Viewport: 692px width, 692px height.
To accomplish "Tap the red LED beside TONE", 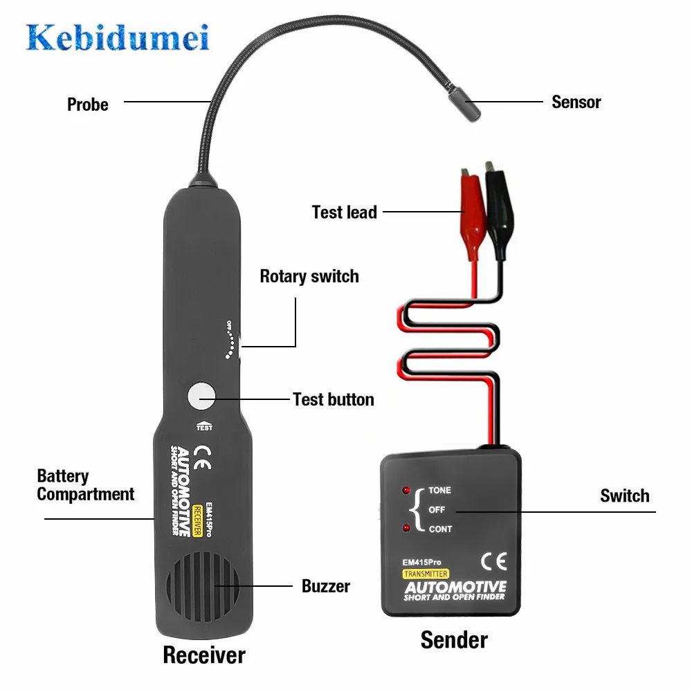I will pyautogui.click(x=407, y=491).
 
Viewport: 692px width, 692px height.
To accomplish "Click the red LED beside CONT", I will pyautogui.click(x=407, y=529).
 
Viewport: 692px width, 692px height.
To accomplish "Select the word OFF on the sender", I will pyautogui.click(x=437, y=510).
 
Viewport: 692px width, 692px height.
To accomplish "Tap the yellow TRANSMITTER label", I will pyautogui.click(x=426, y=574).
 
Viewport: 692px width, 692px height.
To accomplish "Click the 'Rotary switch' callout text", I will pyautogui.click(x=309, y=277).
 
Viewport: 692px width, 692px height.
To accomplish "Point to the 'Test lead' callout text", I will pyautogui.click(x=344, y=212).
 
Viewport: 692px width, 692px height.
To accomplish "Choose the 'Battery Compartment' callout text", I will pyautogui.click(x=85, y=485).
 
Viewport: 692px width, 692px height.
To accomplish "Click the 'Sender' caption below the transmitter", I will pyautogui.click(x=454, y=639).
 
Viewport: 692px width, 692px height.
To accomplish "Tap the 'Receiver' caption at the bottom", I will pyautogui.click(x=203, y=655).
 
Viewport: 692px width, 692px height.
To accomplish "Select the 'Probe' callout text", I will pyautogui.click(x=88, y=104).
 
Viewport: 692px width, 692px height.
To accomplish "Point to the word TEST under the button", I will pyautogui.click(x=204, y=427).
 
